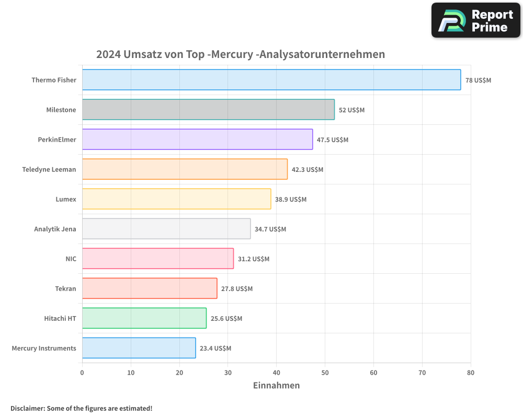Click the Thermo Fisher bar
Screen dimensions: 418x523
point(271,80)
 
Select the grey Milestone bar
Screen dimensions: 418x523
point(208,110)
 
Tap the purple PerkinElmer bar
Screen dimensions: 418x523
point(197,140)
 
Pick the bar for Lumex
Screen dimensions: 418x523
point(176,199)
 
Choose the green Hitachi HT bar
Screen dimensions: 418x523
point(144,318)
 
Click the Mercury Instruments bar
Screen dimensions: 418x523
point(139,348)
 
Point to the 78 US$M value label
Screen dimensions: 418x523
point(478,80)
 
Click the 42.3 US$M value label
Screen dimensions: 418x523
point(308,170)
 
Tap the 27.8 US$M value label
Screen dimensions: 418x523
point(236,289)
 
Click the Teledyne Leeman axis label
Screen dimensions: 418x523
point(49,169)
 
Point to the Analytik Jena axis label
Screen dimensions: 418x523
point(55,229)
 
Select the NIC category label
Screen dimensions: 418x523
point(71,259)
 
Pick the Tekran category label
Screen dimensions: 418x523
point(65,288)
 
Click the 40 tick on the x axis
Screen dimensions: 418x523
point(276,373)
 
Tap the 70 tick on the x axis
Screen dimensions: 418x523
point(422,373)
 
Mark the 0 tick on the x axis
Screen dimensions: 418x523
point(82,373)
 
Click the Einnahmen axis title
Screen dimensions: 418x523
point(276,386)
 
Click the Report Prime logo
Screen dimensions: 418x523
point(475,20)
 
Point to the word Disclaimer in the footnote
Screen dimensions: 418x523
point(27,408)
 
